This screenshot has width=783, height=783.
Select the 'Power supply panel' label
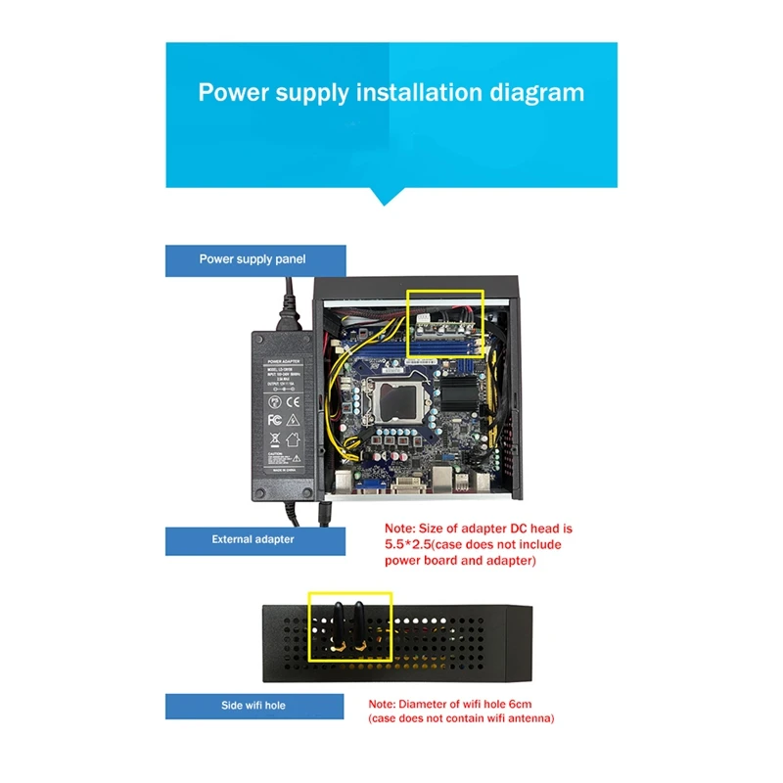(x=253, y=259)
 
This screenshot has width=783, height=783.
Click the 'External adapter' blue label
(x=253, y=539)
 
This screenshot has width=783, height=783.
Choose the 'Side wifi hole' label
(x=253, y=705)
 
